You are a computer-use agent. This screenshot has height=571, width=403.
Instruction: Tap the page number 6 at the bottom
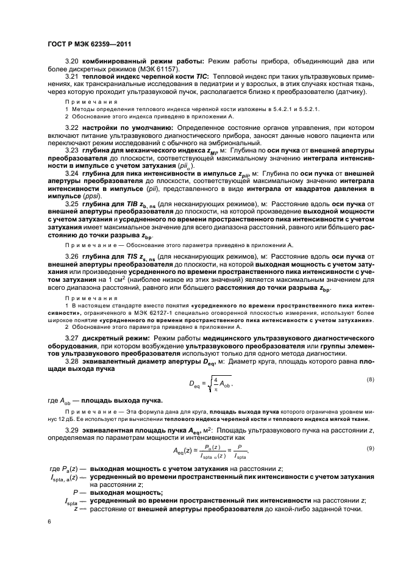49,522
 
